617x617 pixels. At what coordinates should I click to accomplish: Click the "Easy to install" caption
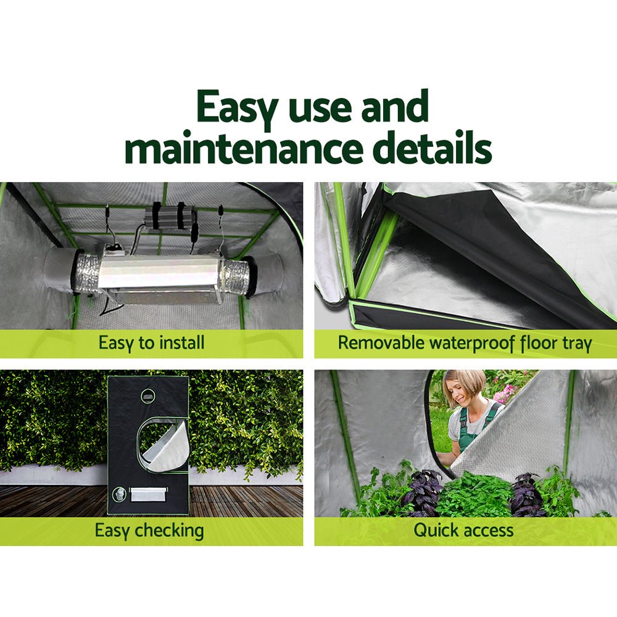151,342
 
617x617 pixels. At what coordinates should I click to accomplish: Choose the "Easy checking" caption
149,530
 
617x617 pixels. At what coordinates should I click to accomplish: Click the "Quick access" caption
463,530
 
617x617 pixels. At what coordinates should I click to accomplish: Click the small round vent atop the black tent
148,395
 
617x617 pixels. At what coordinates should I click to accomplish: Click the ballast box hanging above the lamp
170,215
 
